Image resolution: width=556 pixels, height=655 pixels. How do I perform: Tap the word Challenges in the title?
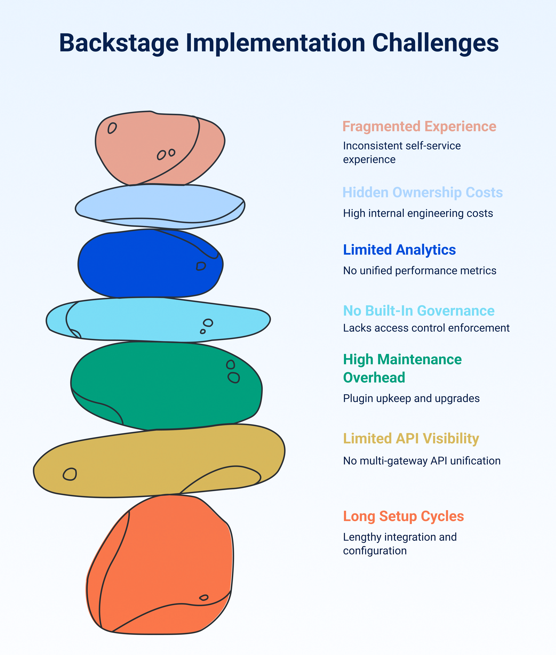(435, 43)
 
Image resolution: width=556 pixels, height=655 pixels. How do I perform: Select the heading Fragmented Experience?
(419, 126)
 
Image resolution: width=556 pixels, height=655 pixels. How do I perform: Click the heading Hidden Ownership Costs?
(422, 193)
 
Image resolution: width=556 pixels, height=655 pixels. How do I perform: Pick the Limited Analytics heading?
(399, 250)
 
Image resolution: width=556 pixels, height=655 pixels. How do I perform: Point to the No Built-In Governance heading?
(419, 311)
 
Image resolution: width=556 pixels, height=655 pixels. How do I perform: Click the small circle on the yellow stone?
(70, 474)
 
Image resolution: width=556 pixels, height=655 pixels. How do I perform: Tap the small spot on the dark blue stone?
(201, 266)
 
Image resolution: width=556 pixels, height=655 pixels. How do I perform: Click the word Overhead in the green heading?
(374, 378)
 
